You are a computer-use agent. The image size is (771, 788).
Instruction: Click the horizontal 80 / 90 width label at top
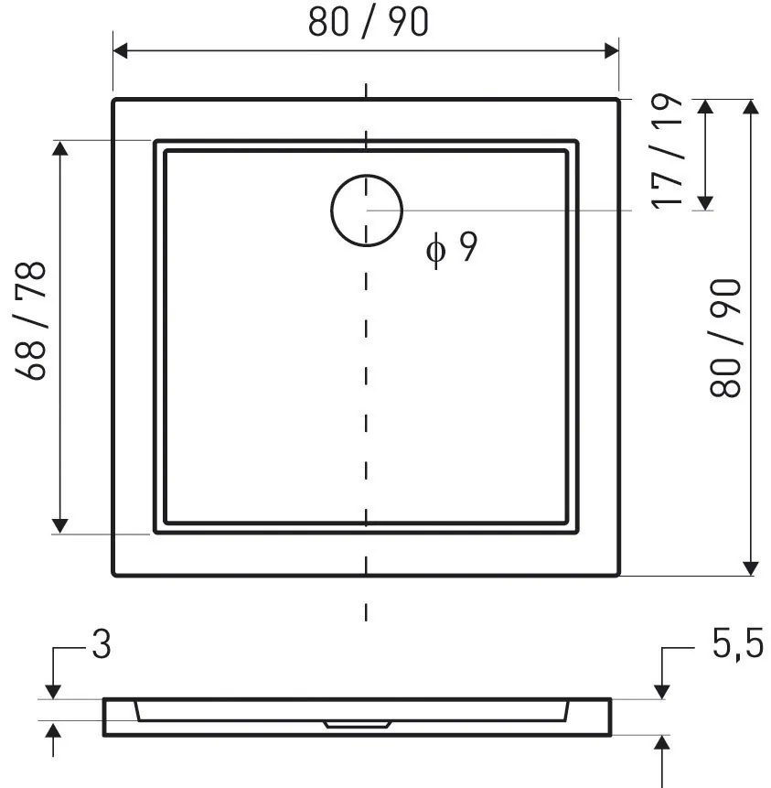pos(368,23)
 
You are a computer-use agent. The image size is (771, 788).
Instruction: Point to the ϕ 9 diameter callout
pos(452,247)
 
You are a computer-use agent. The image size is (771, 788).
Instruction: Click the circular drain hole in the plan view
pos(367,210)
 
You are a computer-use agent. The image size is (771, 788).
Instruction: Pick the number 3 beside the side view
pos(101,646)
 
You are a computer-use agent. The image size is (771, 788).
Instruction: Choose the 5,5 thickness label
pos(737,646)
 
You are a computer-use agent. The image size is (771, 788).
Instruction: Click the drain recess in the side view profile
pos(358,724)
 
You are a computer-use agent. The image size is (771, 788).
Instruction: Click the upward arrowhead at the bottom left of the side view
pos(53,731)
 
